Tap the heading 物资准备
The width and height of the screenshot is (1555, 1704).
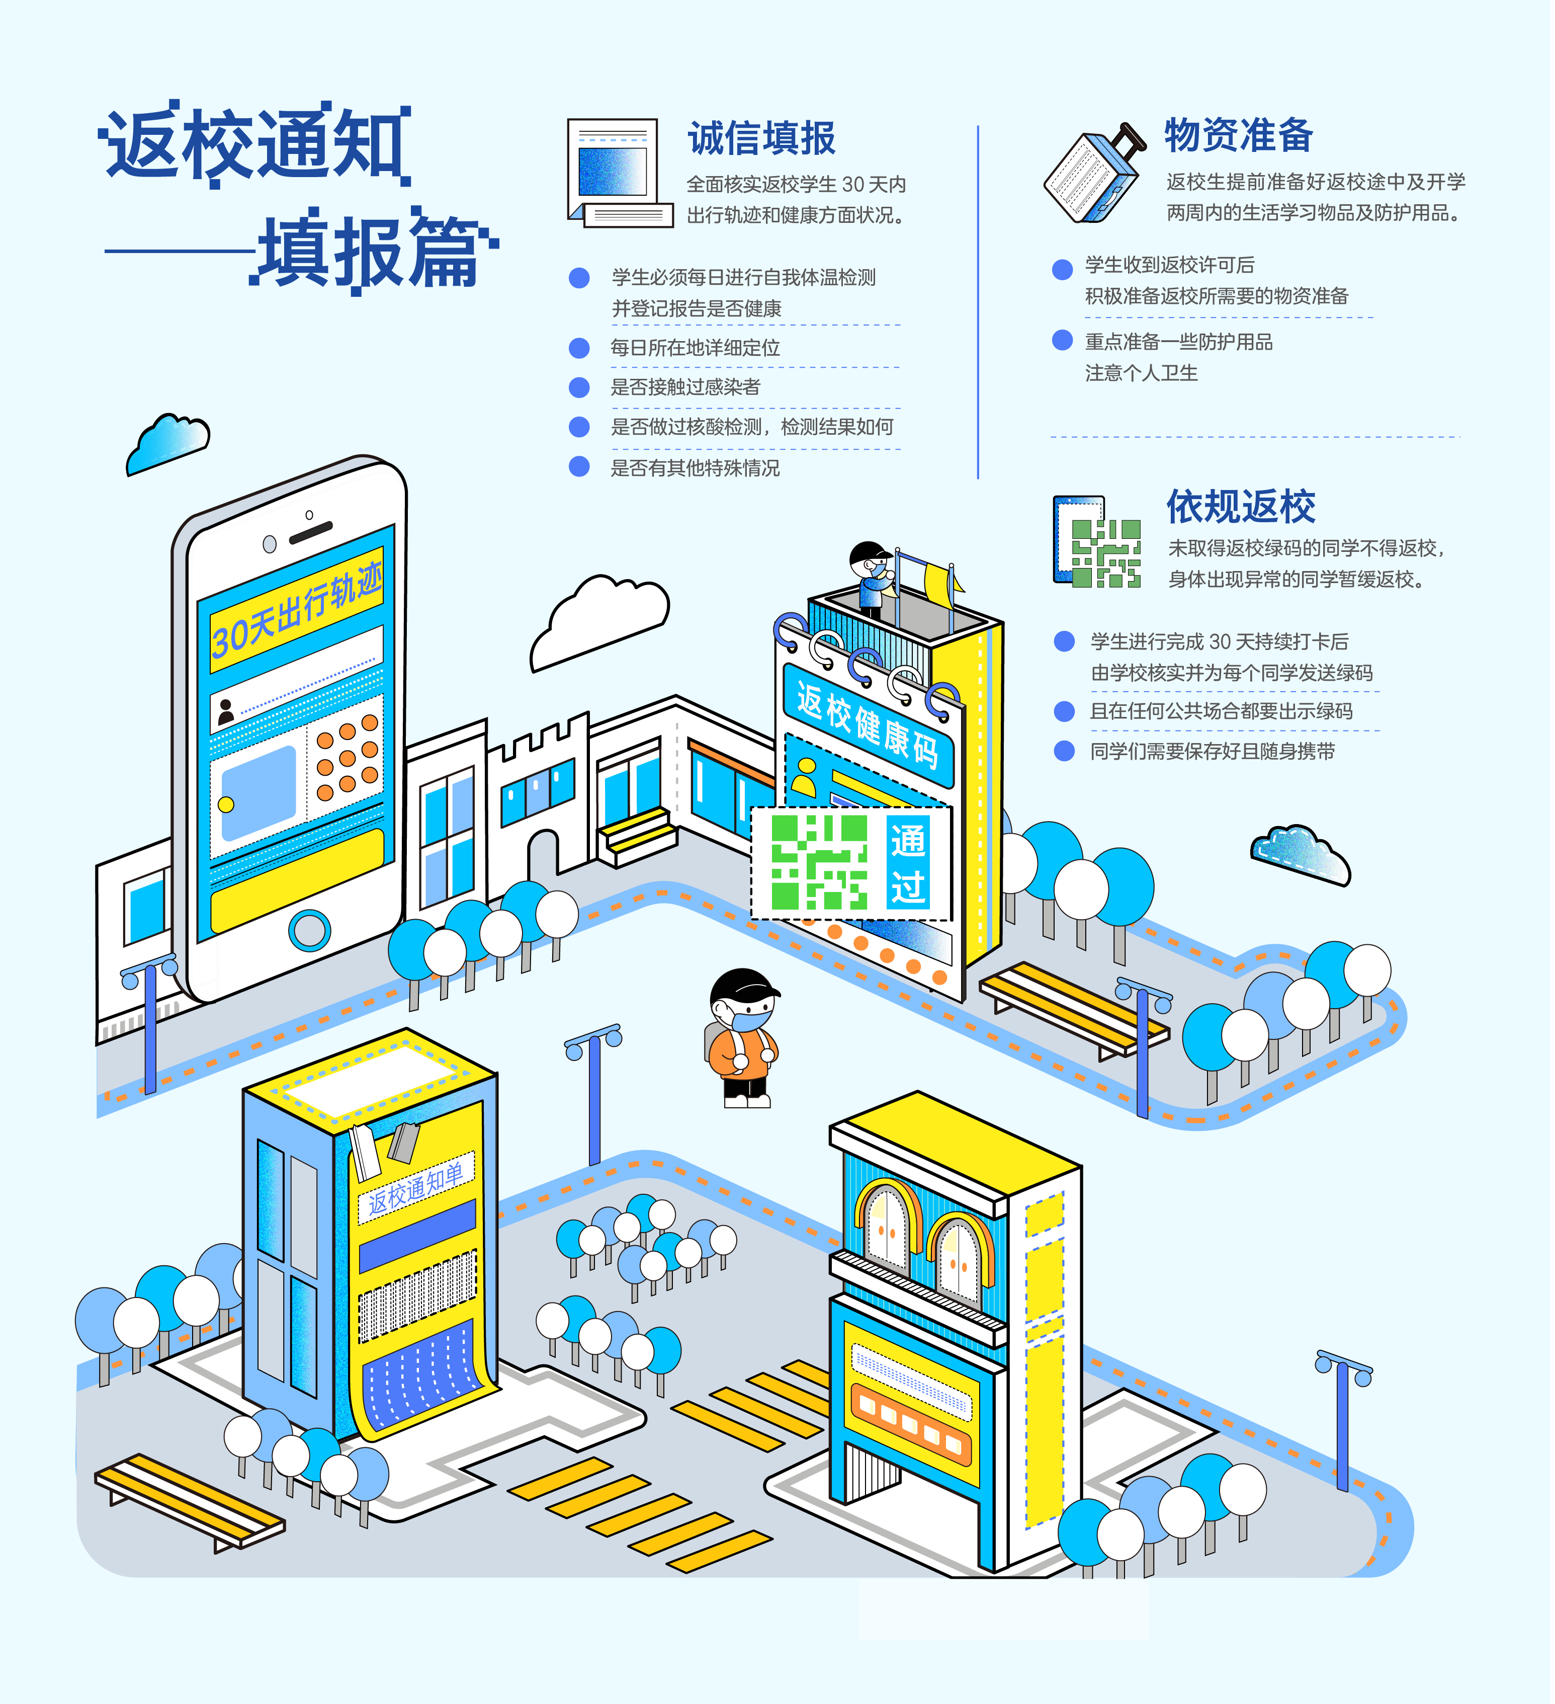(1239, 135)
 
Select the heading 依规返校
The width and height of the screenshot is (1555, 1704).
(1241, 507)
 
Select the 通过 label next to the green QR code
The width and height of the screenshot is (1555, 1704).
(908, 863)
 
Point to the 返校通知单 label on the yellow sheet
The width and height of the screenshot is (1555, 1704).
(416, 1187)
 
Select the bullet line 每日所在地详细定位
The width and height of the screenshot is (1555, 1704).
(695, 348)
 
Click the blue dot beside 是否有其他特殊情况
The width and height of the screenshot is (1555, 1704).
(579, 466)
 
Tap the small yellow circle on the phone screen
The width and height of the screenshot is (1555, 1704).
(226, 804)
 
